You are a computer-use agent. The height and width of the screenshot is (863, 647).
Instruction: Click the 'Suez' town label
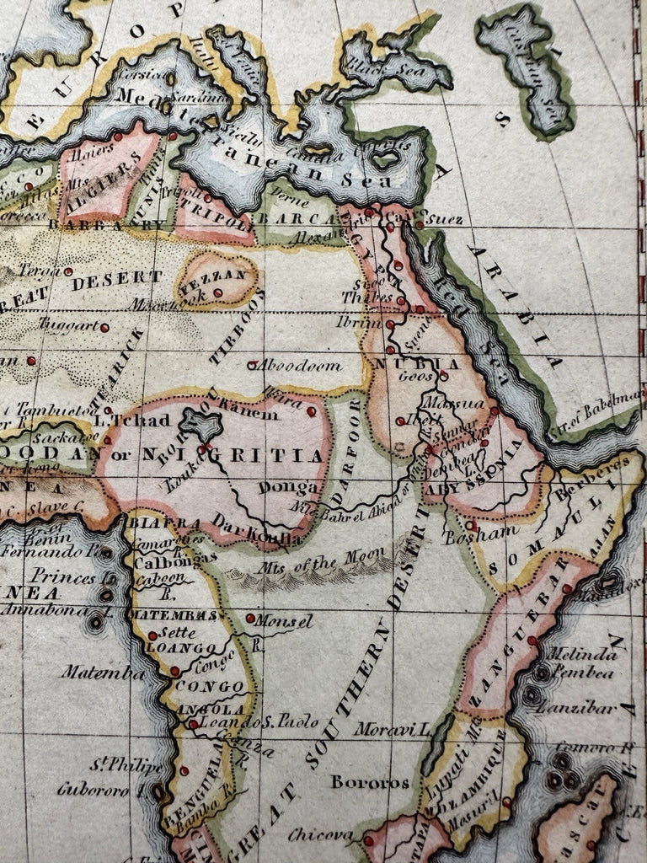(x=439, y=217)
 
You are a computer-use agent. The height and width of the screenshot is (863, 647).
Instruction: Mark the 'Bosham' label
(x=468, y=531)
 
